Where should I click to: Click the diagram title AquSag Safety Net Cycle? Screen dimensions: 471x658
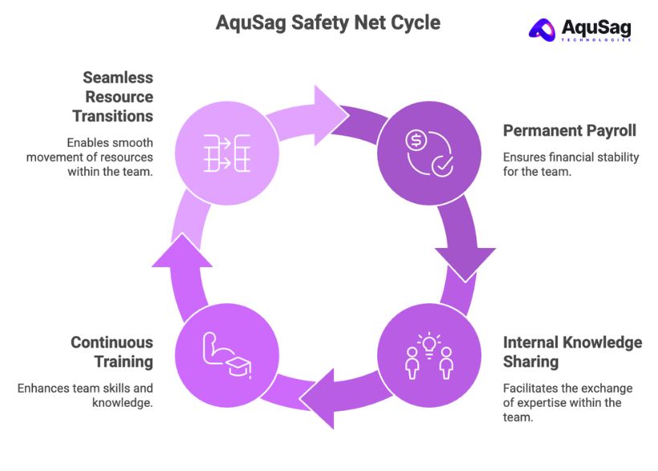pyautogui.click(x=327, y=22)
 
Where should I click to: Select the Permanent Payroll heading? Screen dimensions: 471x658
pyautogui.click(x=569, y=130)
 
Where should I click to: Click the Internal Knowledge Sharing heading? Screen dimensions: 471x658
pyautogui.click(x=572, y=352)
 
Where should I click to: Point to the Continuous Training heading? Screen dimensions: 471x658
pyautogui.click(x=112, y=352)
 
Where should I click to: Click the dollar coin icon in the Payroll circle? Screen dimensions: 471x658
pyautogui.click(x=416, y=140)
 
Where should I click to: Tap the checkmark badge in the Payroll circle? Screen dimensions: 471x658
pyautogui.click(x=442, y=166)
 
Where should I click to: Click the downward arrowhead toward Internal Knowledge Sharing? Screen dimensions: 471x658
pyautogui.click(x=465, y=255)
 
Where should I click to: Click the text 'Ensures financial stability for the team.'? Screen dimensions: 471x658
pyautogui.click(x=571, y=164)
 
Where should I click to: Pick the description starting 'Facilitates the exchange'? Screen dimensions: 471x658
pyautogui.click(x=568, y=402)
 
